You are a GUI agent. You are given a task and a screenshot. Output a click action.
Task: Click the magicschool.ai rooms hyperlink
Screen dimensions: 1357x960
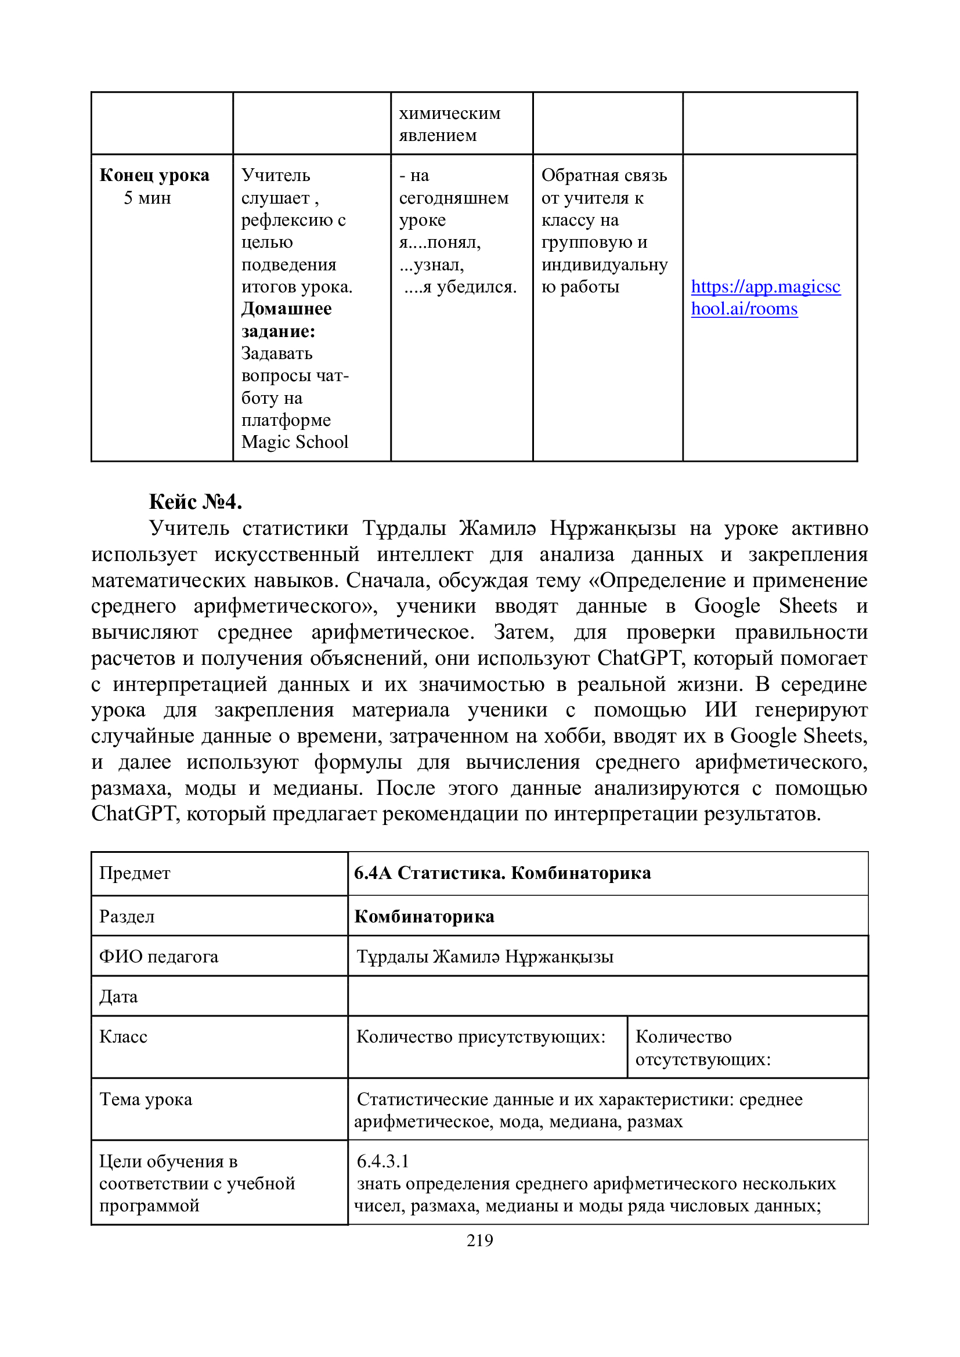point(765,297)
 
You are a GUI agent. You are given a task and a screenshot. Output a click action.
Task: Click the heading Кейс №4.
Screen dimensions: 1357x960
point(195,501)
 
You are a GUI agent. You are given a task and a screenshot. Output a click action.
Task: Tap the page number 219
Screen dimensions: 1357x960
point(479,1240)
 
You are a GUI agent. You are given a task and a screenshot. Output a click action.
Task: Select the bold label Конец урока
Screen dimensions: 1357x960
point(154,175)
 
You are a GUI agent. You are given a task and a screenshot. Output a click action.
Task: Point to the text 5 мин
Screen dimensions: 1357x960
point(147,197)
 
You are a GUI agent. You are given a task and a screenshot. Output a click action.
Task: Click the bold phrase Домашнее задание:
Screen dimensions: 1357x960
point(286,320)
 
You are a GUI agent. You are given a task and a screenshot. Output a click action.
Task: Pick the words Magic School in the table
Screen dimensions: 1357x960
point(294,442)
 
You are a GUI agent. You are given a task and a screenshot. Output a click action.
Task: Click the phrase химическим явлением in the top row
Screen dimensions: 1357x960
point(449,124)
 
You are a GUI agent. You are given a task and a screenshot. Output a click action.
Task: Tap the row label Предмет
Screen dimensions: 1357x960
point(135,873)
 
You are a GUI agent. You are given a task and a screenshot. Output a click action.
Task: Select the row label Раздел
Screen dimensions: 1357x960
point(127,916)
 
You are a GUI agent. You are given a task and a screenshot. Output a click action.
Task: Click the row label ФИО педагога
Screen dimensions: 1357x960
point(158,956)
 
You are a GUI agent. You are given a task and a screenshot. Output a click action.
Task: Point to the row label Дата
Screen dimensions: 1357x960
point(118,997)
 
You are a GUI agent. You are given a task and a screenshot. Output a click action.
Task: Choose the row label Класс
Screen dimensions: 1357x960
point(123,1037)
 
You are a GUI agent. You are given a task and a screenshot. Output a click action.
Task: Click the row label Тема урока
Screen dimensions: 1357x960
point(146,1099)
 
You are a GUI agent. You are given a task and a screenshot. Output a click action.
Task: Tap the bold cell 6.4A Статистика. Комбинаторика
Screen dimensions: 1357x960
point(503,873)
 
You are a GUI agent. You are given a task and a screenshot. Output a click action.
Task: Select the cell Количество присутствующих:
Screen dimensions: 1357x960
point(481,1037)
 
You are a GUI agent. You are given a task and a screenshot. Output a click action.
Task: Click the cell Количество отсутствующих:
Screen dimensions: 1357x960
point(703,1048)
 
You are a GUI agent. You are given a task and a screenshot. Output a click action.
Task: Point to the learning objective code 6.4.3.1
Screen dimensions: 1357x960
point(383,1161)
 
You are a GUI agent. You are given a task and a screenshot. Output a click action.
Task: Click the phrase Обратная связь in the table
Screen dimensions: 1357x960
point(604,175)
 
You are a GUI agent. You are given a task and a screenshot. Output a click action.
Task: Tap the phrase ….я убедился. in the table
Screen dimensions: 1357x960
point(460,287)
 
